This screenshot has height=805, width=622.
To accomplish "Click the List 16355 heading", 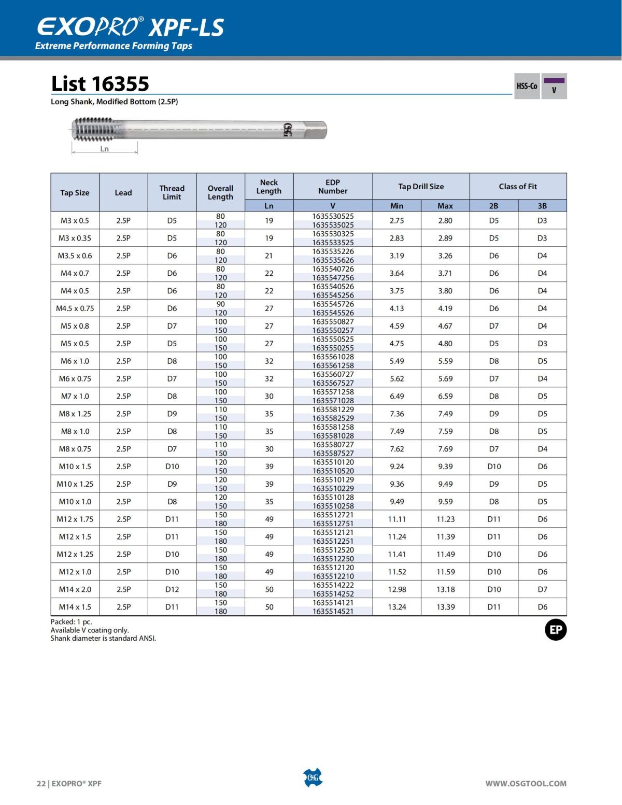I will [x=100, y=84].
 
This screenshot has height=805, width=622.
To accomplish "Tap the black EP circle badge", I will [x=555, y=630].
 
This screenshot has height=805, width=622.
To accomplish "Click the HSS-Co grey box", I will [x=527, y=86].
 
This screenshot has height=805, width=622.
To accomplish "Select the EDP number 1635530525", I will [x=333, y=216].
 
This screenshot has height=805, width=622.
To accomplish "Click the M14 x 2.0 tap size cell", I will [x=75, y=589].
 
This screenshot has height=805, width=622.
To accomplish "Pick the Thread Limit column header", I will [x=172, y=192].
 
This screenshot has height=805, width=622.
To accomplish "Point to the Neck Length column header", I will [x=269, y=187].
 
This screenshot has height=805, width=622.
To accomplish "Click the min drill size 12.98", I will [x=397, y=589].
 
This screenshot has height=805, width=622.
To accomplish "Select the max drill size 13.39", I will [x=445, y=607].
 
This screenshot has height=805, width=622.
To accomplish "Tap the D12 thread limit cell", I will [x=172, y=589].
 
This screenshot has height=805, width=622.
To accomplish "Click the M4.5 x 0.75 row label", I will [x=75, y=308].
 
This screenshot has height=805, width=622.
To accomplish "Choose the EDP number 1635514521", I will [x=333, y=611].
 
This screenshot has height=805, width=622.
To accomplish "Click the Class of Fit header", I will [x=518, y=187].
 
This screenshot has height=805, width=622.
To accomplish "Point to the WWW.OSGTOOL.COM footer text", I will [x=526, y=783].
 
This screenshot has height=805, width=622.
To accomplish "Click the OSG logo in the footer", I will [x=313, y=778].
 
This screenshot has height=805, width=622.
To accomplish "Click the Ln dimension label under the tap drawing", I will [x=105, y=149].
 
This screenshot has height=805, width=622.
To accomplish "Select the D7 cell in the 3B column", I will [x=542, y=589].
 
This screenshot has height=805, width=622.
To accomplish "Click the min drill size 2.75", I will [x=397, y=221].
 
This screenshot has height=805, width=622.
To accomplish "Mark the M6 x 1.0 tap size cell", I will [x=75, y=361].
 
